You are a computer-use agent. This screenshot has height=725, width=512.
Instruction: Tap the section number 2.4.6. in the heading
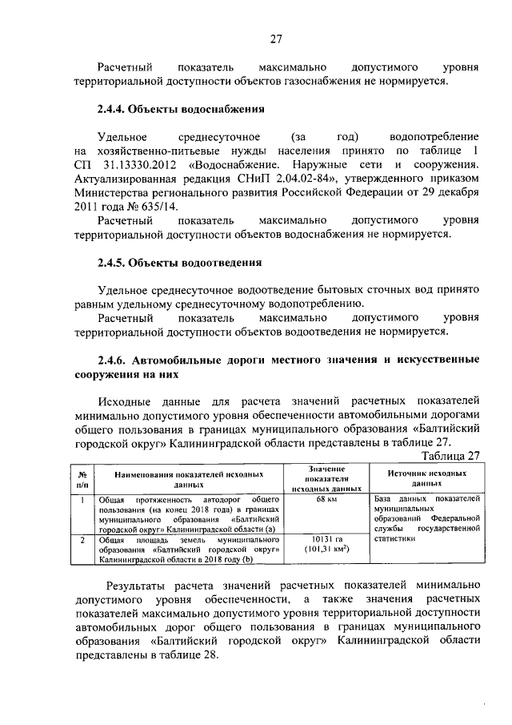(x=114, y=359)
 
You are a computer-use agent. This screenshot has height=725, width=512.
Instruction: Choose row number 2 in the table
(x=82, y=540)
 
